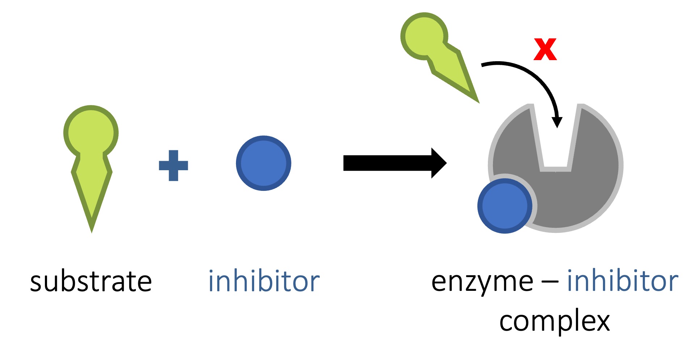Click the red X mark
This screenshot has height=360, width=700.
545,49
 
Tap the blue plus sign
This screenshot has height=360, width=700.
173,166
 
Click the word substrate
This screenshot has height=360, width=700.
91,282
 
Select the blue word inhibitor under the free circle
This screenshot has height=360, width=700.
264,282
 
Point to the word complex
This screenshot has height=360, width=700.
554,321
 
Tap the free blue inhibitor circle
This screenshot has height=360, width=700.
263,163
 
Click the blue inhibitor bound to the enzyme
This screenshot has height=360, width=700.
505,206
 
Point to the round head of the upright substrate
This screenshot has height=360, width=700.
91,133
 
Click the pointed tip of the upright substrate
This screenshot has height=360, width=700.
92,228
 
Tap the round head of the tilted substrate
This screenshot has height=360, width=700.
424,36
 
